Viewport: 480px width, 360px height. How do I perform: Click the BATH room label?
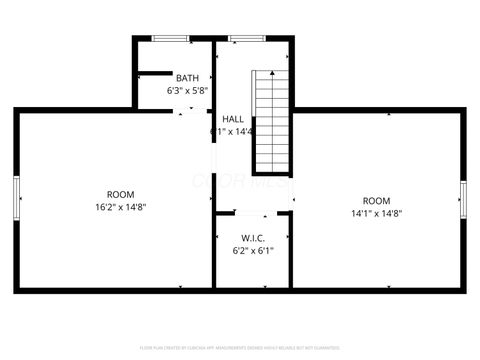(x=187, y=78)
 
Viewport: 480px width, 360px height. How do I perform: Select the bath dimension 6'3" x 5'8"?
(x=187, y=90)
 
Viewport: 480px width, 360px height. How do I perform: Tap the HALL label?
(x=233, y=119)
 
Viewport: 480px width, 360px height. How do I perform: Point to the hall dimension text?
(x=232, y=131)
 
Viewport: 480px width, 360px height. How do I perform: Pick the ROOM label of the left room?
(x=120, y=194)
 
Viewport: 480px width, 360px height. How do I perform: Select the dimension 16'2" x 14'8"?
(x=120, y=207)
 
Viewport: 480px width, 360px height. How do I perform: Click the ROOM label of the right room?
(x=376, y=200)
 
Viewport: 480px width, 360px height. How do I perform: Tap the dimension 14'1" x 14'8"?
(x=376, y=213)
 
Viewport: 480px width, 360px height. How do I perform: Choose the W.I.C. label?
(x=251, y=238)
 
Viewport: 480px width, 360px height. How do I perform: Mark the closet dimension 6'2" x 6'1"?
(x=251, y=251)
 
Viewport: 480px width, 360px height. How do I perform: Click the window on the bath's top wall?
(x=171, y=39)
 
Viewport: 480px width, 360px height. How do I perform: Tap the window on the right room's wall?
(x=462, y=199)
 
